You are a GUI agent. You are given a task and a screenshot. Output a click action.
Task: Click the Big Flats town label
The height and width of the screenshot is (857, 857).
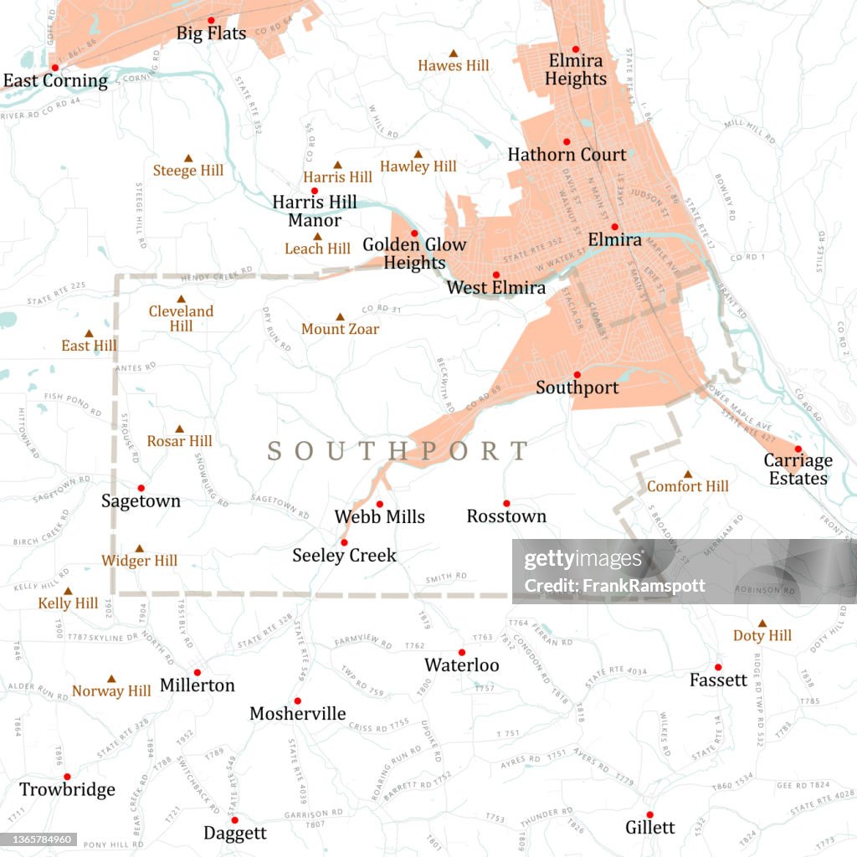[x=211, y=34]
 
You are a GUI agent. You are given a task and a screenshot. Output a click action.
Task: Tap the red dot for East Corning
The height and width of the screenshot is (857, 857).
[x=54, y=68]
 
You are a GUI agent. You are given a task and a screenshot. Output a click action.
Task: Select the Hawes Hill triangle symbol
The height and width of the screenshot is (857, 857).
[x=454, y=53]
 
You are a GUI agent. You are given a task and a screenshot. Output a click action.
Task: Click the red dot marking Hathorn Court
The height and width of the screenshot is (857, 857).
[x=566, y=141]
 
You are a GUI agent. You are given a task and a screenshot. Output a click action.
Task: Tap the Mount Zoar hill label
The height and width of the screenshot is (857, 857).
[x=340, y=329]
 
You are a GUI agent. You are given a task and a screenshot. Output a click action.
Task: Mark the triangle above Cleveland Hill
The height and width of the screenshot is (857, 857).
[x=181, y=299]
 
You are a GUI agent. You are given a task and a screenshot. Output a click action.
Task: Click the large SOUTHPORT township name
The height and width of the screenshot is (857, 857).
[x=398, y=451]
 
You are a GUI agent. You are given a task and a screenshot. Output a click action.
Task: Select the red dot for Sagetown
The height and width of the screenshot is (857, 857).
[x=141, y=488]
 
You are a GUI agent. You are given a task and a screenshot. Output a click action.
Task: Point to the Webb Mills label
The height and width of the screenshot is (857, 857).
[x=379, y=517]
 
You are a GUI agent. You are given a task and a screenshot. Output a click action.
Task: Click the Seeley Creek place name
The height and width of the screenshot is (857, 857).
[x=344, y=555]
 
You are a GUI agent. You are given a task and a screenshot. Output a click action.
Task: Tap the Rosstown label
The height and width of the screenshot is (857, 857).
[x=506, y=516]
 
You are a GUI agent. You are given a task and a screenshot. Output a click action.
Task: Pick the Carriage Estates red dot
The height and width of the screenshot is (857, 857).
[x=798, y=449]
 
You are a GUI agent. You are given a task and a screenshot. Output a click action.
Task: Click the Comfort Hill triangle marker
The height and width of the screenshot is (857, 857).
[x=688, y=474]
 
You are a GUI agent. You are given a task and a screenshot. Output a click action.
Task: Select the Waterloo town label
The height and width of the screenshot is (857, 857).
[x=461, y=665]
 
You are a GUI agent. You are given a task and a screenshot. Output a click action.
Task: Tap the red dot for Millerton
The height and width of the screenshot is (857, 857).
[x=198, y=672]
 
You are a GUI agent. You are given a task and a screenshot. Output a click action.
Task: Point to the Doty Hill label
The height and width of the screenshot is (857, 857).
[x=762, y=636]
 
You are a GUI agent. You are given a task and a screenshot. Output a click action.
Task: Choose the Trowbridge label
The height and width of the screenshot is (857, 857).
[x=67, y=790]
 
